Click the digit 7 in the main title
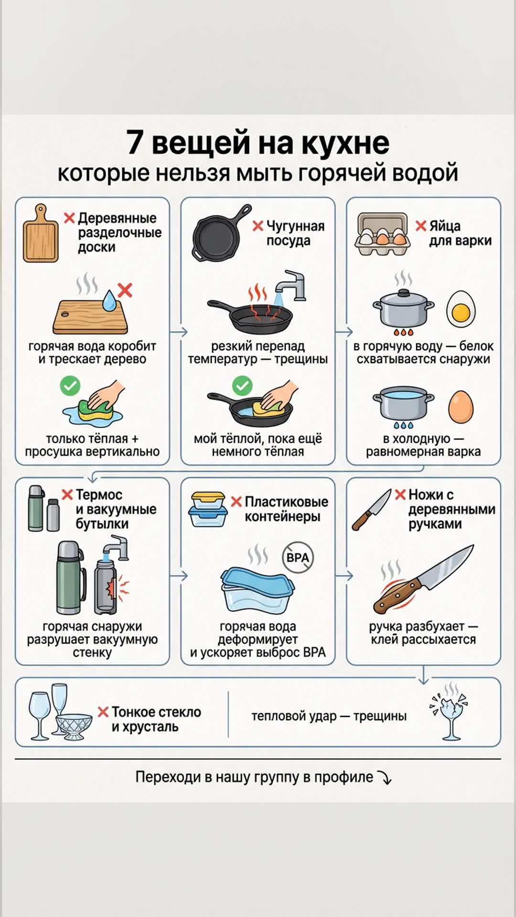coord(135,142)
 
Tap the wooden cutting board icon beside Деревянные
coord(41,233)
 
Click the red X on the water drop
coord(125,290)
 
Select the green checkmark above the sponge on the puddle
coord(70,385)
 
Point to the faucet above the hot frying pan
coord(290,285)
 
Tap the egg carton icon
coord(383,234)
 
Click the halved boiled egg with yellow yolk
coord(461,308)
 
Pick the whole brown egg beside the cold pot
coord(461,406)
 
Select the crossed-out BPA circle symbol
coord(298,557)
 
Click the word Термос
coord(99,495)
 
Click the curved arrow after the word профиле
coord(385,778)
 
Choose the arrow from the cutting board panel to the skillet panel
coord(179,331)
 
